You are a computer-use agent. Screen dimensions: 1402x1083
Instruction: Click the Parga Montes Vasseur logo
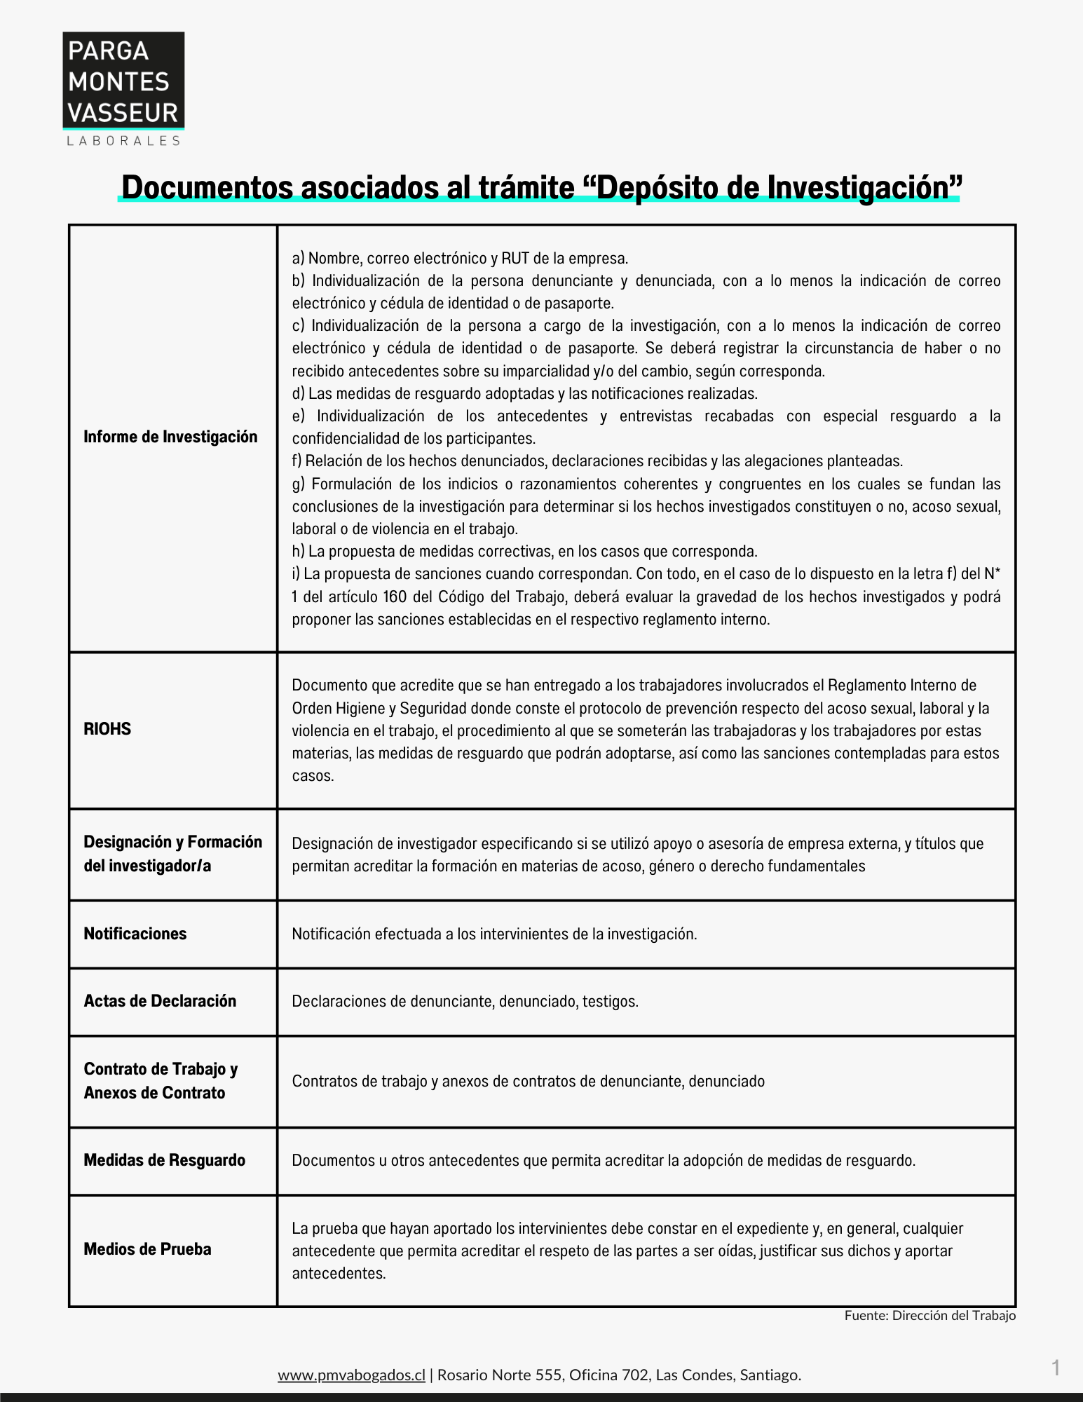click(x=123, y=81)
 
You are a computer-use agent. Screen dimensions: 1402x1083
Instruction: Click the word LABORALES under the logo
click(x=123, y=141)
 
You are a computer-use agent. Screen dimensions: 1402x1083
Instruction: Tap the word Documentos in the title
click(x=207, y=187)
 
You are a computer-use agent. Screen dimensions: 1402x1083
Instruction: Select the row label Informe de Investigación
click(x=170, y=437)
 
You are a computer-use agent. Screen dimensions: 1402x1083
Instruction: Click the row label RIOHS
click(x=107, y=729)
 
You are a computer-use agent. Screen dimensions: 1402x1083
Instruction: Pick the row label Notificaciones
click(x=135, y=934)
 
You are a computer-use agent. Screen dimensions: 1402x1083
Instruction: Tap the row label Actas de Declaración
click(x=160, y=1001)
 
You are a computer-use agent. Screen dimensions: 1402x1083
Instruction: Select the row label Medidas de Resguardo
click(x=165, y=1160)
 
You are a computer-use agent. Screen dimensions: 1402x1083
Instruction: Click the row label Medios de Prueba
click(x=147, y=1249)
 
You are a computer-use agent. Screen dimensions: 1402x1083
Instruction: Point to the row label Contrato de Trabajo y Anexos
click(x=161, y=1080)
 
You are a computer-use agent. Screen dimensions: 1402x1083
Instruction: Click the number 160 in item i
click(x=395, y=597)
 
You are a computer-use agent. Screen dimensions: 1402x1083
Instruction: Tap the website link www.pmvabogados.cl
click(x=351, y=1375)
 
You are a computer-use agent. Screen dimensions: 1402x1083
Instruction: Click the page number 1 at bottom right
click(x=1056, y=1368)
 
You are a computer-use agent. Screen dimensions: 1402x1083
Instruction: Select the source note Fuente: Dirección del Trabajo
click(x=929, y=1316)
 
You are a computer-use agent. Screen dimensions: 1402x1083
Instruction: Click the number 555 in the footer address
click(x=550, y=1375)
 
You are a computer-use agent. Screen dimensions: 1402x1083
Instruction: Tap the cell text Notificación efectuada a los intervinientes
click(x=494, y=934)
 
